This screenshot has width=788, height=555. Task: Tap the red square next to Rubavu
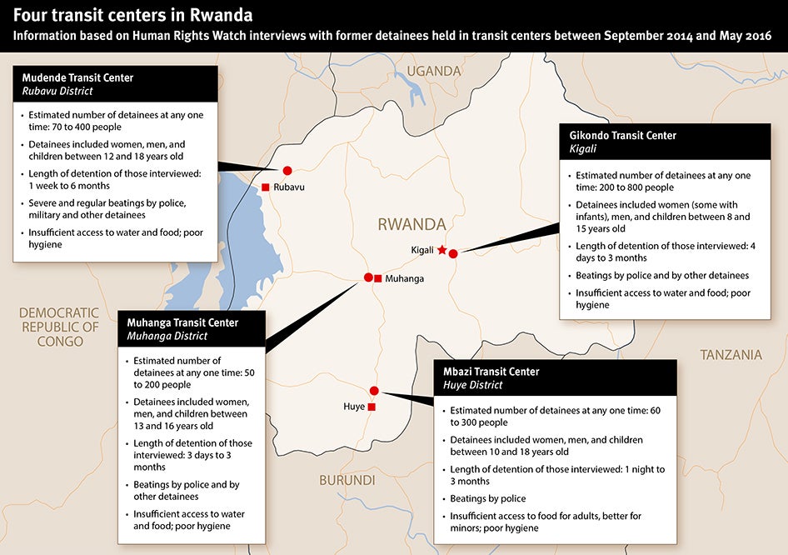pos(265,187)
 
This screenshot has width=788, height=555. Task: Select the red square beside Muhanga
pos(378,278)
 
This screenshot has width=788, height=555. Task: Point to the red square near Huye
pos(372,407)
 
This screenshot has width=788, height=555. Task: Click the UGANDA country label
pos(433,71)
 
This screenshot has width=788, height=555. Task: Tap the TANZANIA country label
pos(731,355)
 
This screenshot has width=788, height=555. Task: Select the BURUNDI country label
pos(347,480)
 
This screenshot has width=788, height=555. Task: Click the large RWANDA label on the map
pos(411,224)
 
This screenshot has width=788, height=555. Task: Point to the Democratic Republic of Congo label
pos(59,327)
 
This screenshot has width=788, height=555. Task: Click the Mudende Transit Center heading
pos(78,77)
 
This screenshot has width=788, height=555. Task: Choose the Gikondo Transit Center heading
pos(622,135)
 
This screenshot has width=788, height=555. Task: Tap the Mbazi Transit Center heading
pos(495,372)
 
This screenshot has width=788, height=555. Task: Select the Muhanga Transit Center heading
pos(182,322)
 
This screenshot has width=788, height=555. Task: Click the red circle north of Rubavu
pos(288,170)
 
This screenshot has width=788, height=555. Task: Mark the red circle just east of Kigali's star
pos(453,254)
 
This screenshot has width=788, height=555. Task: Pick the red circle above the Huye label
pos(374,391)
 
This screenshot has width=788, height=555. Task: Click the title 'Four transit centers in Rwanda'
pos(133,15)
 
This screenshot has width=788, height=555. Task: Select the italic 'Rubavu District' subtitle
pos(57,91)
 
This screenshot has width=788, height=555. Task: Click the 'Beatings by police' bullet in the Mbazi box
pos(488,498)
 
